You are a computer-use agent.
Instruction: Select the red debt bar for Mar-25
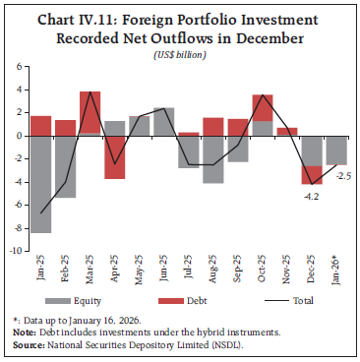[x=90, y=112]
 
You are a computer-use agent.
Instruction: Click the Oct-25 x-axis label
[x=263, y=269]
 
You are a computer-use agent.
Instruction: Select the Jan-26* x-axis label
[x=335, y=270]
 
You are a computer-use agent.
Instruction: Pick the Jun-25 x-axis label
[x=164, y=269]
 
